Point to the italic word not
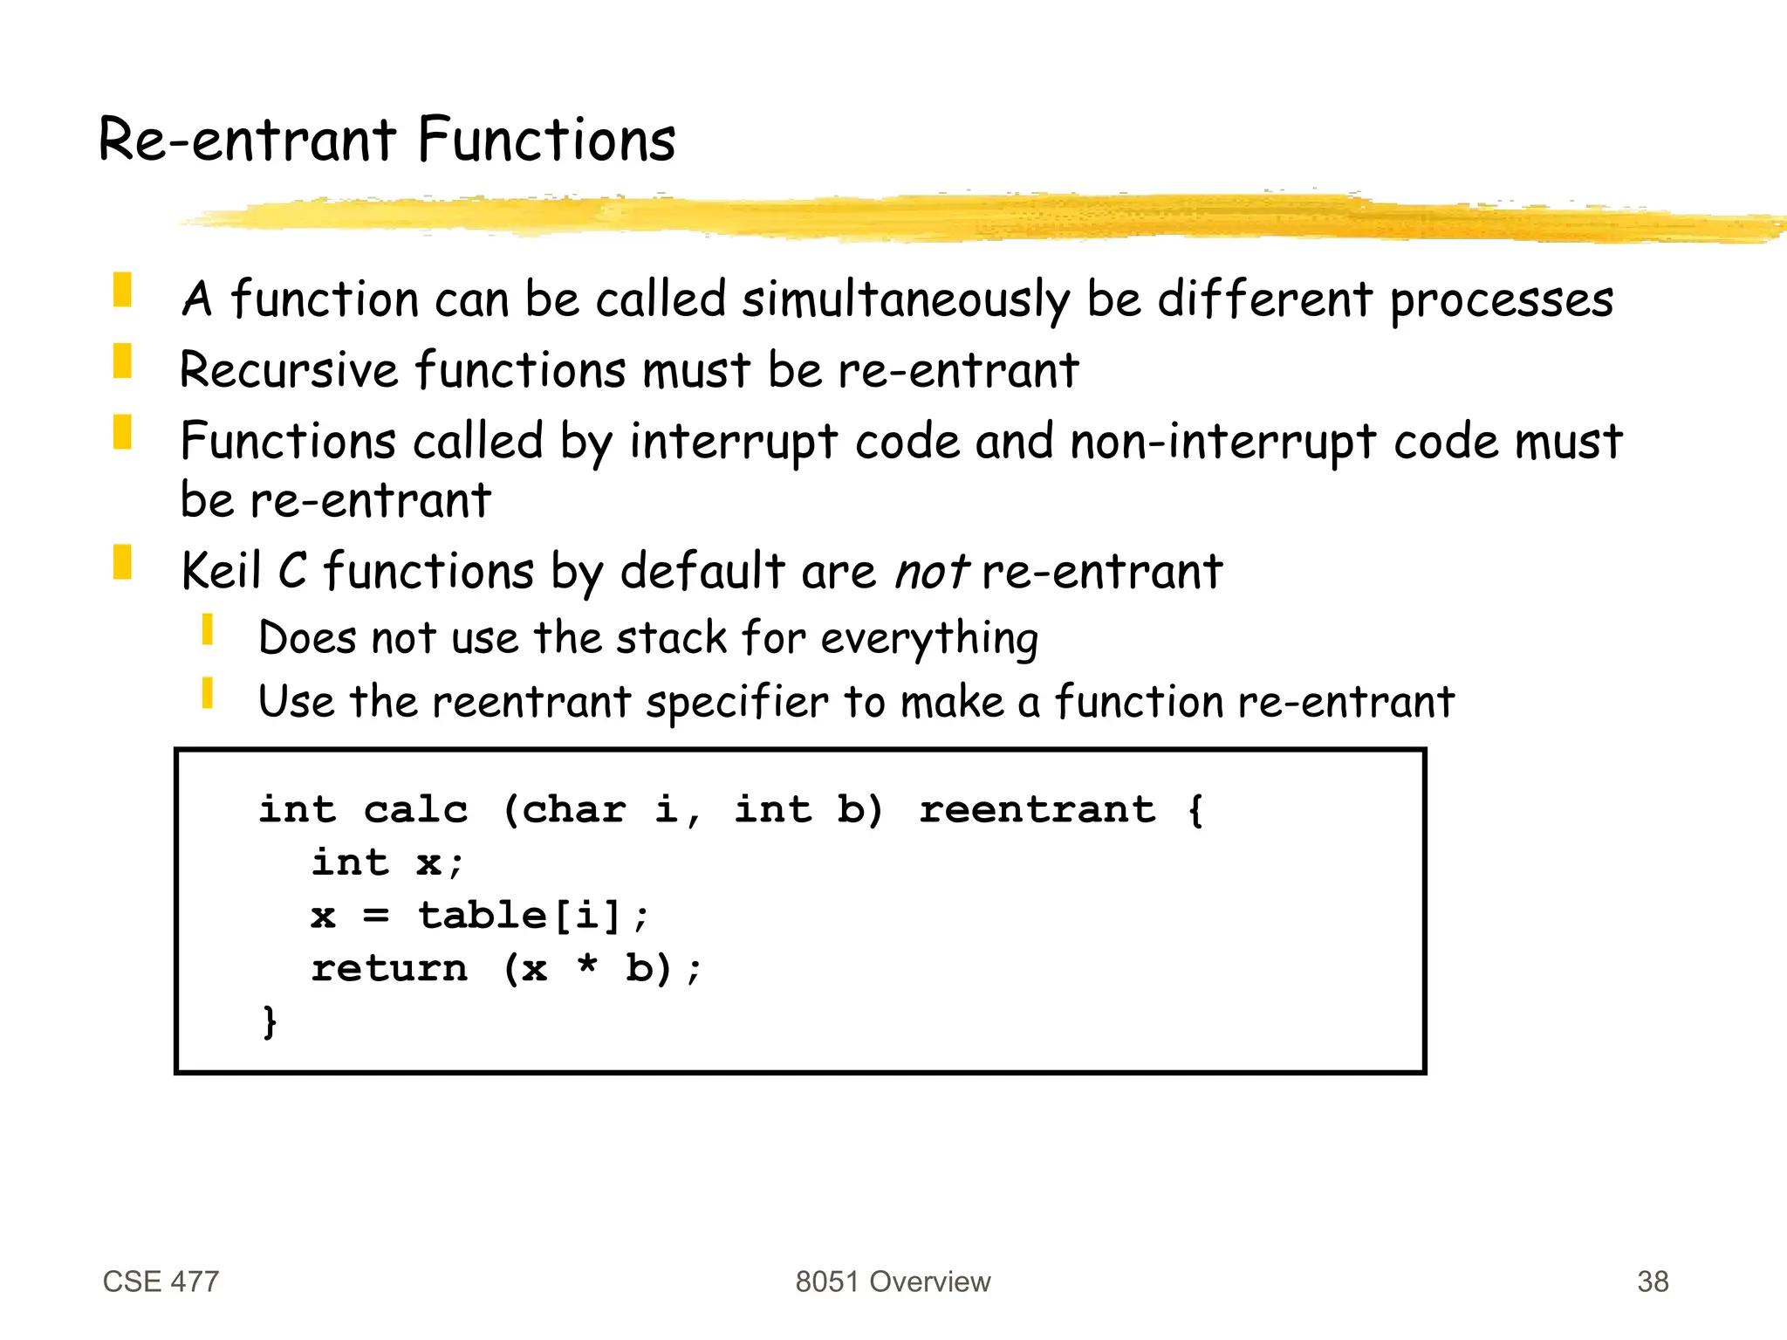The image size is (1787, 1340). click(x=931, y=573)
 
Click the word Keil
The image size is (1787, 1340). click(x=221, y=572)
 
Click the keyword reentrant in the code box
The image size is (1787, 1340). click(x=1037, y=809)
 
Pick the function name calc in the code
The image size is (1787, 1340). click(x=415, y=809)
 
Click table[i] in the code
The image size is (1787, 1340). click(x=519, y=916)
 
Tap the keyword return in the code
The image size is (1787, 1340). click(x=389, y=968)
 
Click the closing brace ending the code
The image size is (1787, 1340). click(x=270, y=1021)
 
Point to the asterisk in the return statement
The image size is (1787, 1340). click(x=587, y=966)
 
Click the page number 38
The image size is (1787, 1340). click(x=1652, y=1282)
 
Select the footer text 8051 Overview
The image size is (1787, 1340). click(x=893, y=1282)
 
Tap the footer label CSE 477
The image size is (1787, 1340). click(x=161, y=1282)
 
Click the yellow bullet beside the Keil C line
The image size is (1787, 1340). click(x=122, y=562)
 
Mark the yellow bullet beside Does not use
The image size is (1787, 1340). click(x=207, y=629)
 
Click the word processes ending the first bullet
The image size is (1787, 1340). click(x=1501, y=300)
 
